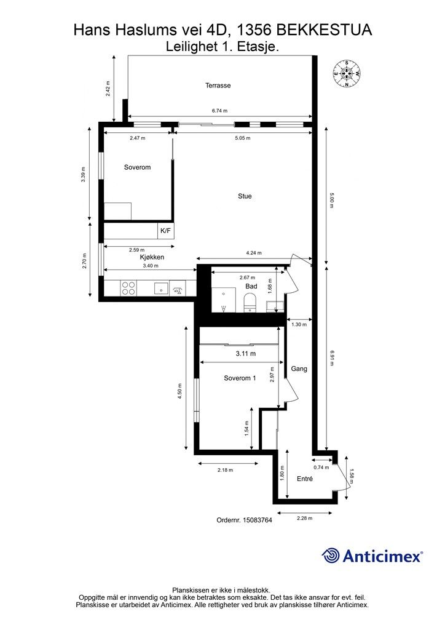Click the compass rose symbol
346,74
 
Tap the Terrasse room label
218,85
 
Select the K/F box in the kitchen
165,231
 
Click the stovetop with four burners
128,288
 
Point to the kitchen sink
161,288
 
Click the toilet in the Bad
250,303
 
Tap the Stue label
245,196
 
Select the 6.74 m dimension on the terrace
219,111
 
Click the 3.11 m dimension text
246,354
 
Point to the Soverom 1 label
240,378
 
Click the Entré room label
305,479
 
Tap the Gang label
299,369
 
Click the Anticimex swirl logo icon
330,556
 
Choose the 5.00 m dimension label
331,200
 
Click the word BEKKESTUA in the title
324,30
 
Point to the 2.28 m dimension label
305,518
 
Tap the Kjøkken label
152,257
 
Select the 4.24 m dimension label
254,253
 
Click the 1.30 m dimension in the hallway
299,324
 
